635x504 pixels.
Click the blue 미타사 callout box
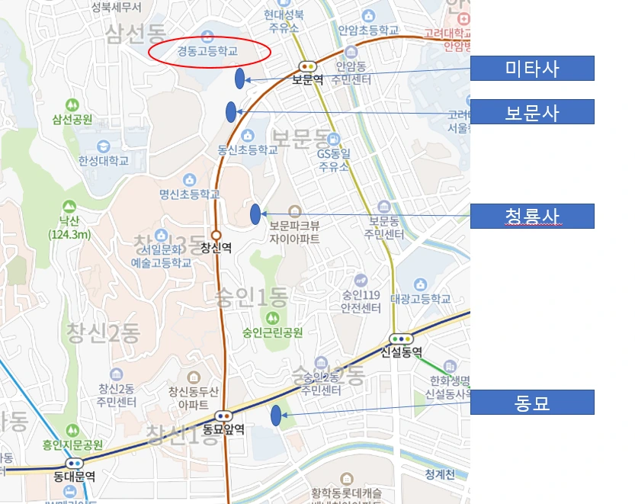point(531,69)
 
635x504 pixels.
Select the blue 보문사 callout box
point(531,112)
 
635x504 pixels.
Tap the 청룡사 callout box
point(531,216)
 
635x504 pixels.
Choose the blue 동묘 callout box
point(531,402)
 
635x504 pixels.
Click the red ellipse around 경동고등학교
point(209,52)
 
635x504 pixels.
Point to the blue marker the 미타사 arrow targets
point(240,78)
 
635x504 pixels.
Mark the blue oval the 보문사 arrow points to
point(231,111)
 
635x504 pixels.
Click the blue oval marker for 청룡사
point(255,214)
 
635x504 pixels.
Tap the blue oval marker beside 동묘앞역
point(275,416)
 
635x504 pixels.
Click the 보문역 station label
point(309,79)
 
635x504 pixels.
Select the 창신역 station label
point(216,247)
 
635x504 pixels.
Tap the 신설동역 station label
point(401,352)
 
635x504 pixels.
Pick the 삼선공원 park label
point(72,120)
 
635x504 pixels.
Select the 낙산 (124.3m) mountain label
point(69,227)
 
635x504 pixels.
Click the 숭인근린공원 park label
point(273,332)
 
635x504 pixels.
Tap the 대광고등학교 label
point(420,298)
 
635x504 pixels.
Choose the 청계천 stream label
point(440,475)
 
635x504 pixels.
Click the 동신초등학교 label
point(248,150)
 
